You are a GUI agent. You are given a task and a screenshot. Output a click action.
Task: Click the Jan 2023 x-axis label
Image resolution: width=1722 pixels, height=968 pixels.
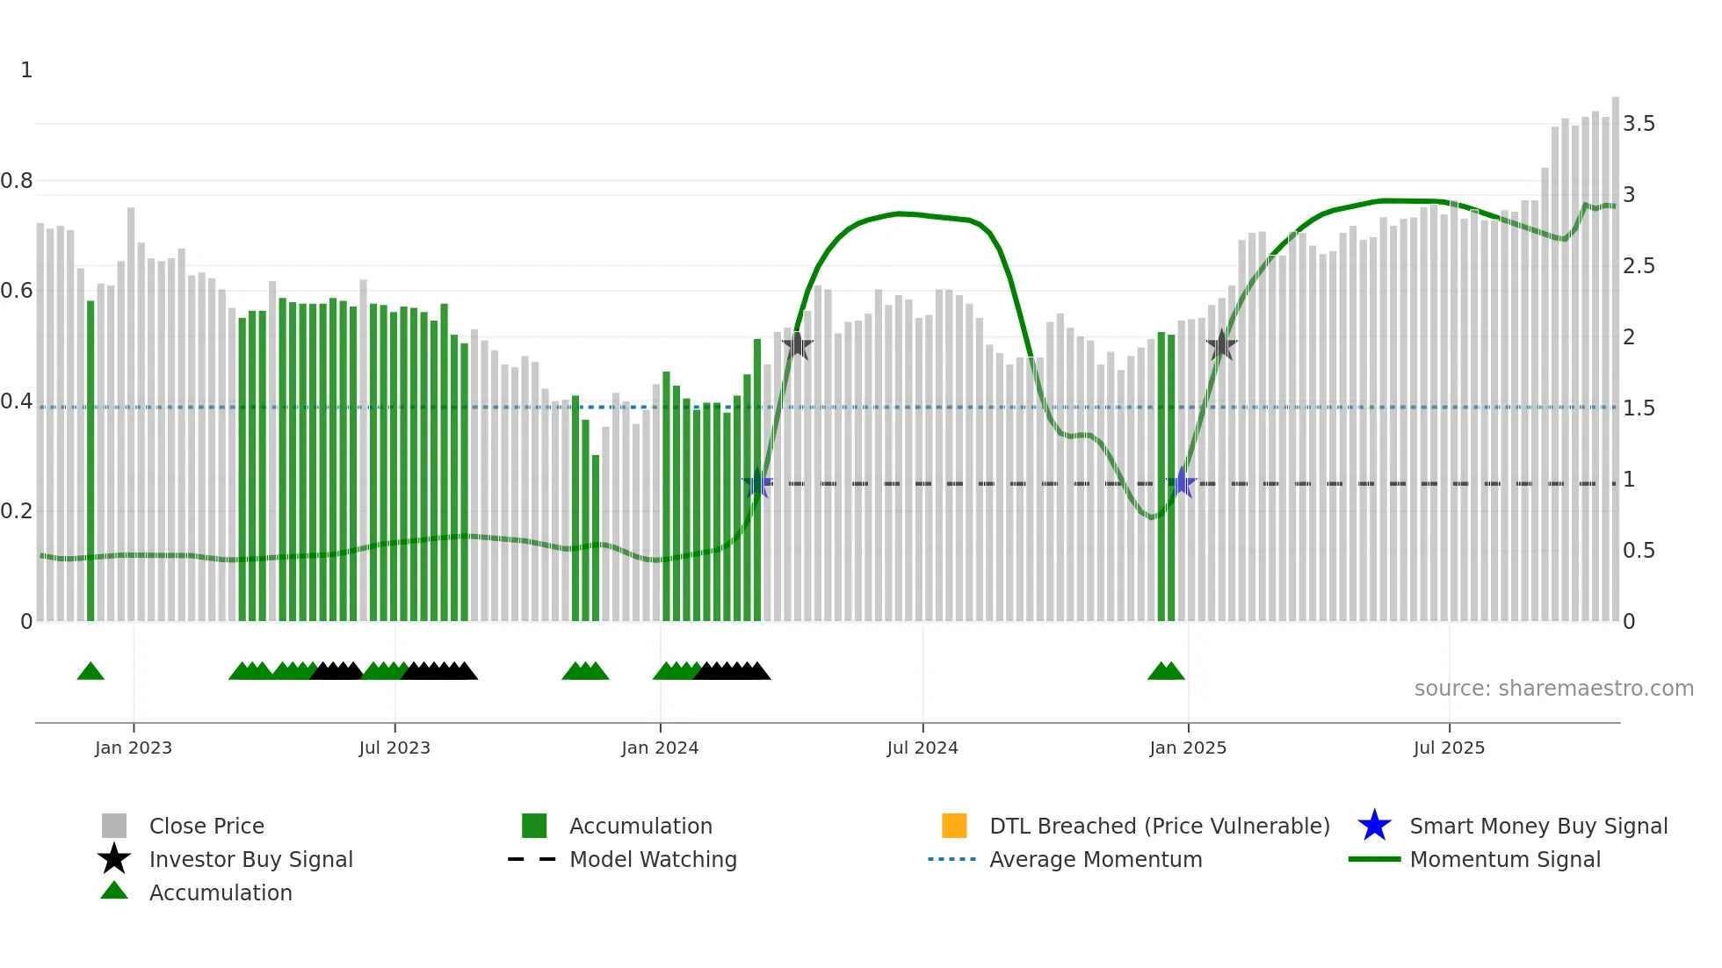pos(134,748)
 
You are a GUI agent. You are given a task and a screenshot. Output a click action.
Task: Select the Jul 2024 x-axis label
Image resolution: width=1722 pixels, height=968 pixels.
pos(922,748)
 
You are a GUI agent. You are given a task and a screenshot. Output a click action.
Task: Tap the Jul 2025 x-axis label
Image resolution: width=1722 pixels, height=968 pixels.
pos(1449,748)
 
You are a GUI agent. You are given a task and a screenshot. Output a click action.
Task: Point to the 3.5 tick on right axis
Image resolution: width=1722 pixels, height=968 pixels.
pos(1639,124)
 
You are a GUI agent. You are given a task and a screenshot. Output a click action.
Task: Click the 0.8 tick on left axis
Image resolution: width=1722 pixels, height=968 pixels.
pos(17,181)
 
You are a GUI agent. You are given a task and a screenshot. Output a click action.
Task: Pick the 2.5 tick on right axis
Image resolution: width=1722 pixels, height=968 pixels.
pos(1639,266)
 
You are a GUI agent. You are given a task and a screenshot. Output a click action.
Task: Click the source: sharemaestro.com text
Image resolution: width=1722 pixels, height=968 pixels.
pos(1553,689)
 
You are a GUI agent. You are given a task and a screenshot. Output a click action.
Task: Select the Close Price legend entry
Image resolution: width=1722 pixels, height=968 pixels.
pos(206,826)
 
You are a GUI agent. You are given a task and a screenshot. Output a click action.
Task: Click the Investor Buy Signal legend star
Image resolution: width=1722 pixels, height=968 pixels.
pos(114,859)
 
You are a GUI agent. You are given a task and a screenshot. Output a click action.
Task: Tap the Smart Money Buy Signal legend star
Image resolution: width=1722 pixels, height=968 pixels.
pos(1374,826)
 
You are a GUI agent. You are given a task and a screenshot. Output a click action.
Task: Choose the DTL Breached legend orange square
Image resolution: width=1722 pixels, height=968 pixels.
pos(954,826)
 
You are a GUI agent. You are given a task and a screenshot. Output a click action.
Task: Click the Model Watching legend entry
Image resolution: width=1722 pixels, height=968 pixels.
pos(652,859)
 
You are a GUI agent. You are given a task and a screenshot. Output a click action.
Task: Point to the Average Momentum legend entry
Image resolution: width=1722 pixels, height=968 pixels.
pos(1095,859)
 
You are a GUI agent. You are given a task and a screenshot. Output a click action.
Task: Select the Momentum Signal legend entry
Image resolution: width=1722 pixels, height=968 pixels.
pos(1504,859)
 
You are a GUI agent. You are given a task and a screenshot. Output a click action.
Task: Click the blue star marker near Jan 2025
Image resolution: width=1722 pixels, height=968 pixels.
pos(1183,483)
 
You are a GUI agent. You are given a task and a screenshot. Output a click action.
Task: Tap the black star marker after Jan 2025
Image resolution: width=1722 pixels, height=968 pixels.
pos(1221,345)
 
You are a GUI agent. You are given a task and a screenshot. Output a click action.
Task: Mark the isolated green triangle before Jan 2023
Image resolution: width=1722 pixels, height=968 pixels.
pos(90,672)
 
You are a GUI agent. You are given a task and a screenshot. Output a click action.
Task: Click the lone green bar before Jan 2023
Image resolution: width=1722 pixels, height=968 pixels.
pos(90,461)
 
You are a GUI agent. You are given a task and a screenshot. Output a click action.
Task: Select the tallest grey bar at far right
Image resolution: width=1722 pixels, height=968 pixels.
pos(1615,360)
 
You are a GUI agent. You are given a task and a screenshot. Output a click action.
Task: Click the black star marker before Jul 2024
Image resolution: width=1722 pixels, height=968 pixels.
pos(797,345)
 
